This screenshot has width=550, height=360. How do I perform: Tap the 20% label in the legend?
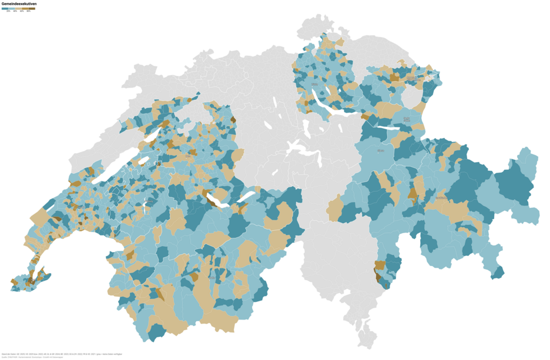tap(8, 12)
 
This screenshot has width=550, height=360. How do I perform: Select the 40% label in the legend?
tap(15, 12)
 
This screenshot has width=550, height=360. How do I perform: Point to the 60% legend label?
tap(22, 12)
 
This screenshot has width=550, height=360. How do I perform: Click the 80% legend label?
tap(28, 12)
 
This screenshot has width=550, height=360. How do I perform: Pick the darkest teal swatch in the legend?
tap(5, 9)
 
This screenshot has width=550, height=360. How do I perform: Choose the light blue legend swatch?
tap(12, 9)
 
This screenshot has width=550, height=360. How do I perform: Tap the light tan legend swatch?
tap(18, 9)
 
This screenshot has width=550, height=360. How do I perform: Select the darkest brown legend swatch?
tap(32, 9)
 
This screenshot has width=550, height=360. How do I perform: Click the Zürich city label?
tap(314, 85)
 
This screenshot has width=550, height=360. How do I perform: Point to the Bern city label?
tap(188, 157)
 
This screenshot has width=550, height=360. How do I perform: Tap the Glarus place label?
tap(381, 151)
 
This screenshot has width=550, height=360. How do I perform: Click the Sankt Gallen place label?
tap(407, 119)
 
